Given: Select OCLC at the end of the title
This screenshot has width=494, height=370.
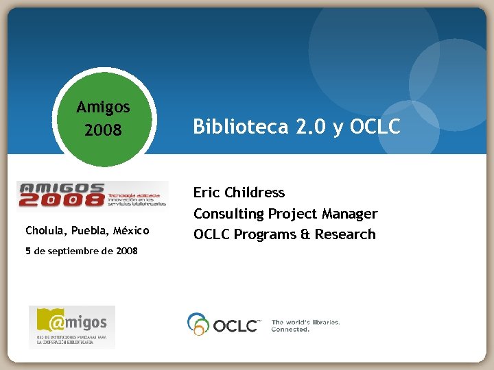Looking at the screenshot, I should click(375, 127).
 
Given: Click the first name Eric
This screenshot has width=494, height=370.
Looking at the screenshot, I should click(207, 193).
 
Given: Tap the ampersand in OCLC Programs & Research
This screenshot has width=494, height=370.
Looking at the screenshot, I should click(305, 234).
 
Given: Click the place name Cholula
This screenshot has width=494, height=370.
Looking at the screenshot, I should click(45, 230).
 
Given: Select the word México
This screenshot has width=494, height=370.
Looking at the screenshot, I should click(130, 230).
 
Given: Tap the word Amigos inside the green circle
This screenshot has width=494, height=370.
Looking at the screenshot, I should click(104, 107).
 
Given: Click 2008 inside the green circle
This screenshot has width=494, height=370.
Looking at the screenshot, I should click(104, 129).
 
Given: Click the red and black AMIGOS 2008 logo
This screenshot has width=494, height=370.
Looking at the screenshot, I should click(93, 195).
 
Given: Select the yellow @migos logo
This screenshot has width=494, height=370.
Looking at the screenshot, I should click(72, 326).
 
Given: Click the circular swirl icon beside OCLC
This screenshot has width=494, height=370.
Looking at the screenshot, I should click(198, 323).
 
